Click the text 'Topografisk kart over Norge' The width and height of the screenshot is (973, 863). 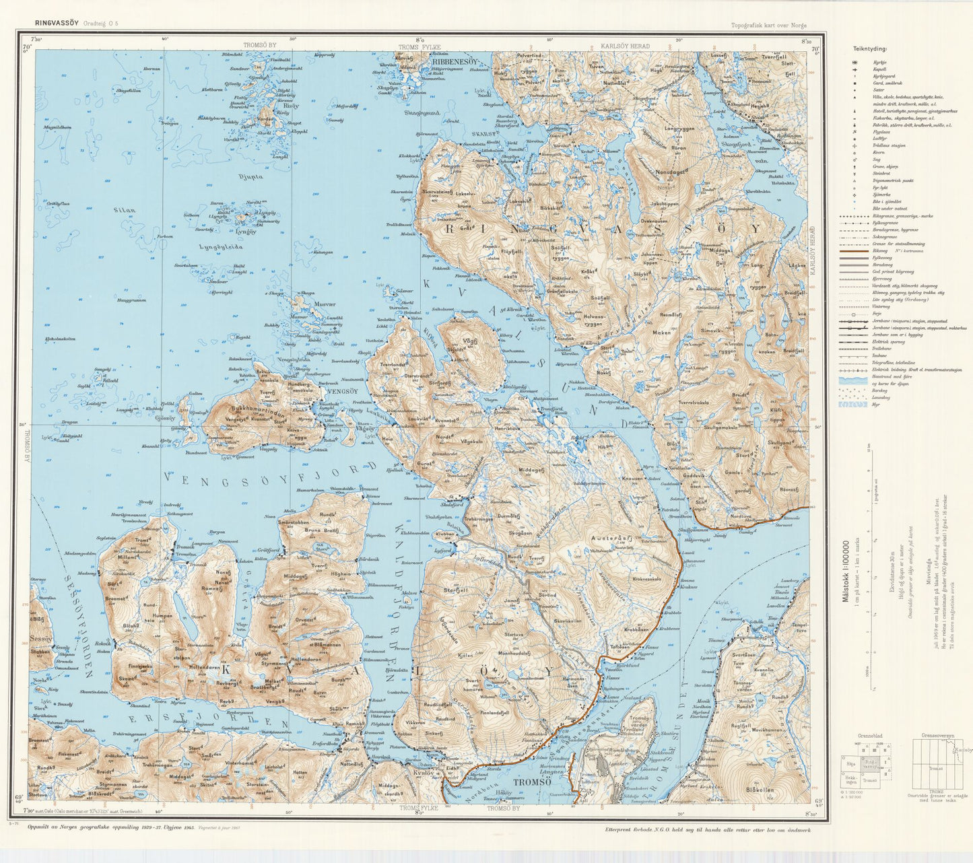(x=768, y=26)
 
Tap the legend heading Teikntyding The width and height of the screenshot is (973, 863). (x=869, y=49)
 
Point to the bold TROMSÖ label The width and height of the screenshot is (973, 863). (x=531, y=782)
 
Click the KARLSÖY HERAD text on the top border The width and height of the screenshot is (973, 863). (x=625, y=46)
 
